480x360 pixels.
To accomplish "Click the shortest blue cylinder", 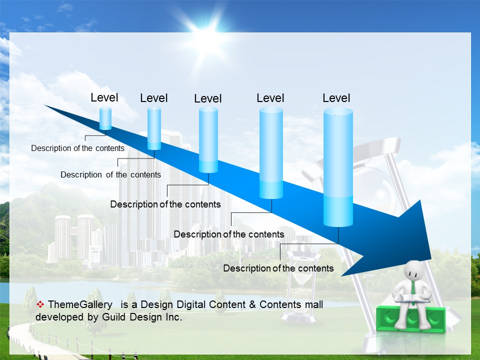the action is (x=105, y=118).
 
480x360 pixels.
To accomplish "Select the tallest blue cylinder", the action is (x=338, y=167).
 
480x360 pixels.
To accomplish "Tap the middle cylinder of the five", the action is (x=208, y=140).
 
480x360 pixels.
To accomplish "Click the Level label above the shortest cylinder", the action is (x=104, y=97).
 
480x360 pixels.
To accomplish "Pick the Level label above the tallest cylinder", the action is (x=336, y=98).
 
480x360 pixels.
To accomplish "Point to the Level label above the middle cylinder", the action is (x=208, y=98).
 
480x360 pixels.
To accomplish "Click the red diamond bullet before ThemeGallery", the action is (x=40, y=304).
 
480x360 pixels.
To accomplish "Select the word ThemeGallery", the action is (x=80, y=304).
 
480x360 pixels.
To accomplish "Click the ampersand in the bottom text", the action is (x=252, y=304).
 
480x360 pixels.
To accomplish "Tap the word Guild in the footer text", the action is (x=114, y=317).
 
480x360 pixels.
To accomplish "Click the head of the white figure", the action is (x=414, y=270).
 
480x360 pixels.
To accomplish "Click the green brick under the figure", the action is (x=411, y=318).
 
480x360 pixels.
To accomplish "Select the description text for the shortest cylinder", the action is (x=78, y=148).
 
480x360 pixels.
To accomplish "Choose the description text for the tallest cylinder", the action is (x=278, y=268).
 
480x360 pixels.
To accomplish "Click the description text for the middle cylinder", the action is (x=165, y=204).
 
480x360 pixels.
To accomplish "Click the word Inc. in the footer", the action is (x=174, y=317).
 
